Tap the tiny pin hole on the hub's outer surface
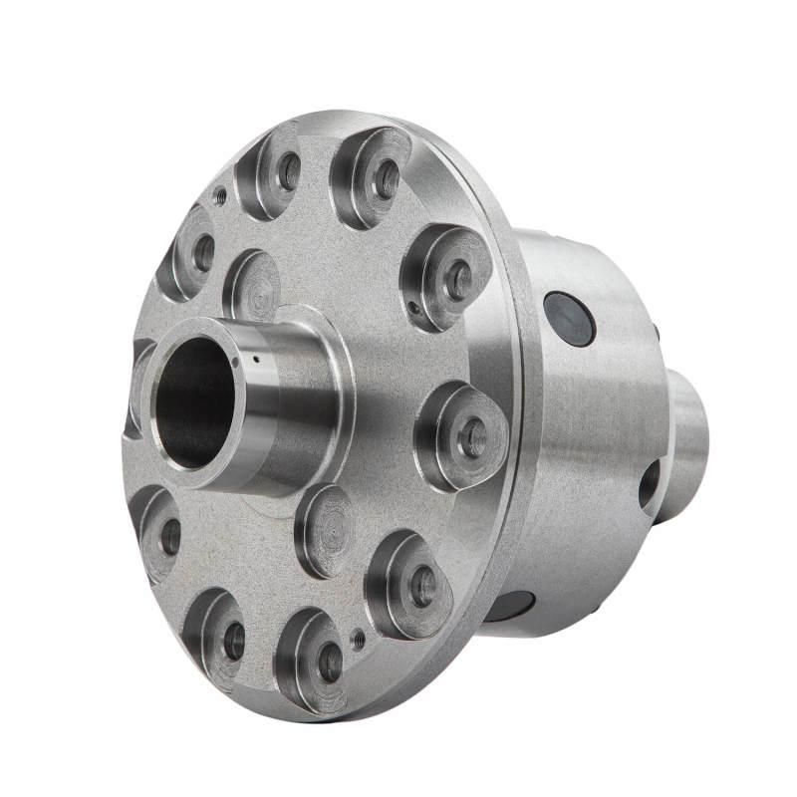click(x=256, y=359)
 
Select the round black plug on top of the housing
click(x=570, y=319)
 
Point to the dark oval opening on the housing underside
click(x=510, y=605)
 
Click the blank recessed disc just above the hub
click(x=254, y=287)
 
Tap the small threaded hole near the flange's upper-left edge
click(x=220, y=197)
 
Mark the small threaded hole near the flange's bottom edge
click(x=358, y=639)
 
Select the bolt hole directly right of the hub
click(x=472, y=436)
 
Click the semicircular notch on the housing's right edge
click(x=650, y=485)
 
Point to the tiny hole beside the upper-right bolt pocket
click(x=412, y=307)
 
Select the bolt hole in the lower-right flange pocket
click(x=422, y=586)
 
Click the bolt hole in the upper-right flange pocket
click(x=458, y=280)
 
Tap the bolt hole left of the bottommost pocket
click(x=234, y=641)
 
